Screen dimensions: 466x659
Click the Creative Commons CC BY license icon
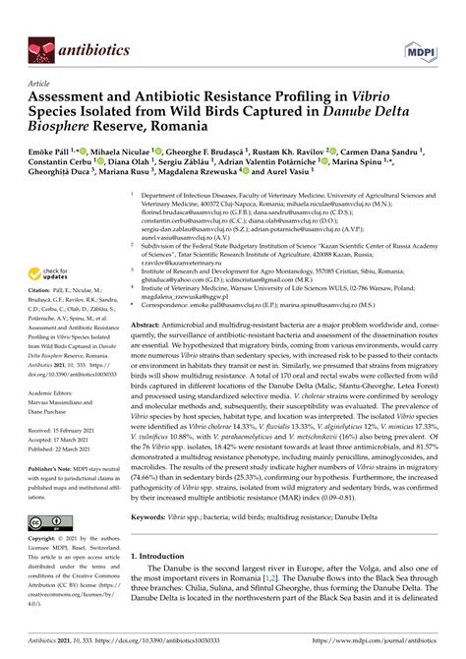point(45,522)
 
